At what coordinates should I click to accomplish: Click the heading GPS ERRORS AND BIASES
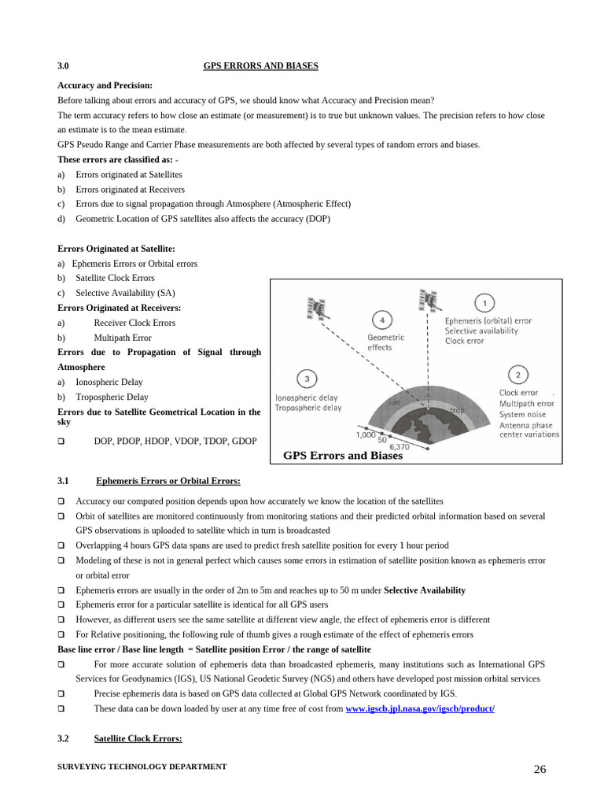tap(260, 66)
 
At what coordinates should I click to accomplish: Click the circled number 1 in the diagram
tap(484, 303)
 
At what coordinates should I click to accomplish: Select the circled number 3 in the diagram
tap(307, 379)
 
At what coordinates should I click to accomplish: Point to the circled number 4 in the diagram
tap(381, 320)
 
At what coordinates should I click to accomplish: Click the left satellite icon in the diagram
tap(317, 309)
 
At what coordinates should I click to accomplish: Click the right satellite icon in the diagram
tap(429, 301)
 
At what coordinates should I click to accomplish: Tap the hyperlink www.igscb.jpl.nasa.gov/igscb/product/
tap(420, 708)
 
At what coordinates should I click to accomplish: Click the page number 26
tap(540, 770)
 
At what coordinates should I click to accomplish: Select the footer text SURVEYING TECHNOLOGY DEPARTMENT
tap(142, 767)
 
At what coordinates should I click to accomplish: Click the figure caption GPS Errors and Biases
tap(342, 456)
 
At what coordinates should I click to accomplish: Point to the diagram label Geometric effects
tap(385, 342)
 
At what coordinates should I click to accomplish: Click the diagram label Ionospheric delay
tap(307, 398)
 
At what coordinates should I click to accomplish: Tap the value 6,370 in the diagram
tap(399, 446)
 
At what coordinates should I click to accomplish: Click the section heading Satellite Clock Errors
tap(138, 738)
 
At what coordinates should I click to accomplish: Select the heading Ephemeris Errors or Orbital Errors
tap(168, 481)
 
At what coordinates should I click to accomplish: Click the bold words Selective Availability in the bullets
tap(424, 590)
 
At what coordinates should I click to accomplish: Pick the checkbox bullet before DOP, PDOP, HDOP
tap(61, 442)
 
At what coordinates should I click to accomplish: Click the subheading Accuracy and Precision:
tap(105, 85)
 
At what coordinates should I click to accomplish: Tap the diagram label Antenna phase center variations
tap(528, 430)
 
